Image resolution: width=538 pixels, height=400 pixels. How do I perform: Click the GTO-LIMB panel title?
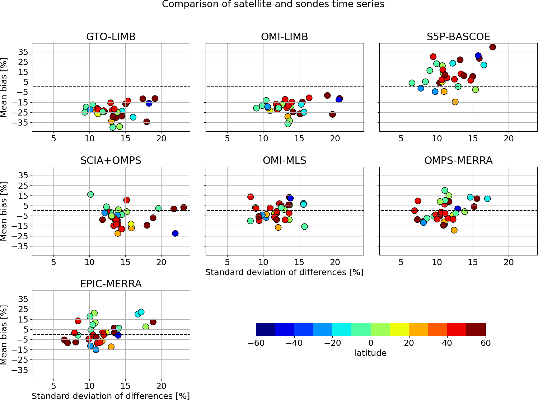[x=111, y=37]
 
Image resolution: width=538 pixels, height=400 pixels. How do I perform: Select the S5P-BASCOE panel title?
[x=458, y=37]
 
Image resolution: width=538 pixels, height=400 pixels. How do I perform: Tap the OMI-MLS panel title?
[x=285, y=160]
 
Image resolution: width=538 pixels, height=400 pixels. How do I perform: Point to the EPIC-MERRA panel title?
[x=111, y=284]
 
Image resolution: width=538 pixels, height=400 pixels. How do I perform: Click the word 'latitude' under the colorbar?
[x=370, y=353]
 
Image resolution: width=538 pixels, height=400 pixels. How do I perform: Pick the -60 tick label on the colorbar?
[x=256, y=343]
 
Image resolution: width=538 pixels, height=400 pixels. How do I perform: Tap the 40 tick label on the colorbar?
[x=447, y=343]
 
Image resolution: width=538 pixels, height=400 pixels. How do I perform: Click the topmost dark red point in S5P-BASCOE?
[x=492, y=47]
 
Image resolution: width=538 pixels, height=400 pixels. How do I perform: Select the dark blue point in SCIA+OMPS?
[x=175, y=234]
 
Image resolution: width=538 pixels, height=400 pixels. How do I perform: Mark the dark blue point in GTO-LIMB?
[x=149, y=103]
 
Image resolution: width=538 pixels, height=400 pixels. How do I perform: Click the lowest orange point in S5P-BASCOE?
[x=455, y=102]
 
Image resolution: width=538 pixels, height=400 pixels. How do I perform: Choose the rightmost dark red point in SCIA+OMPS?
[x=183, y=207]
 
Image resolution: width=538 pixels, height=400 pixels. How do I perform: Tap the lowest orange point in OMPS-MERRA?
[x=454, y=230]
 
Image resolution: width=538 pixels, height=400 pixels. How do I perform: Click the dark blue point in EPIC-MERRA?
[x=118, y=335]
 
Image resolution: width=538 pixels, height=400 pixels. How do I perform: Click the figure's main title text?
[x=273, y=4]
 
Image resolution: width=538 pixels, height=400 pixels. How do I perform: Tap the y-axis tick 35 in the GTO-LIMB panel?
[x=23, y=52]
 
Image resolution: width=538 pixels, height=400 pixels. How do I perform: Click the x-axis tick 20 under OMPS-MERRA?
[x=509, y=262]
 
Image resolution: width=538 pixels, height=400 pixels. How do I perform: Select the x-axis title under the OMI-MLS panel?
[x=284, y=272]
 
